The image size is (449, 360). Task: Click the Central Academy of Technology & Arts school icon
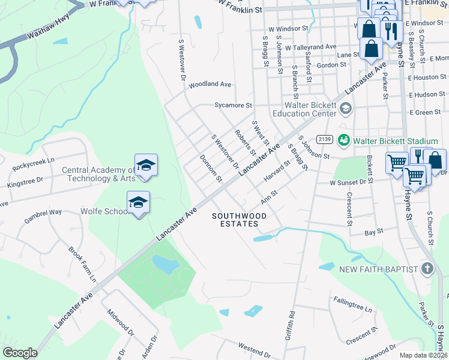tap(146, 165)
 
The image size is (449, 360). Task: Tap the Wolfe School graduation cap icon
tap(139, 202)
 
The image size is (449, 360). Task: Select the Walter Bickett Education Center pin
tap(345, 108)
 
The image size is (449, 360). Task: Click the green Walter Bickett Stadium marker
tap(344, 140)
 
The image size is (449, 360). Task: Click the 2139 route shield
tap(324, 139)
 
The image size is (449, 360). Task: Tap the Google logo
tap(20, 353)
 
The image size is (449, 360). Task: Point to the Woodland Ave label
tap(210, 85)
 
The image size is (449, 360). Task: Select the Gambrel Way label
tap(43, 212)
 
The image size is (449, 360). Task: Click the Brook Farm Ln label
tap(82, 264)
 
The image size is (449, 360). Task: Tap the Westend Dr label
tap(256, 347)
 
